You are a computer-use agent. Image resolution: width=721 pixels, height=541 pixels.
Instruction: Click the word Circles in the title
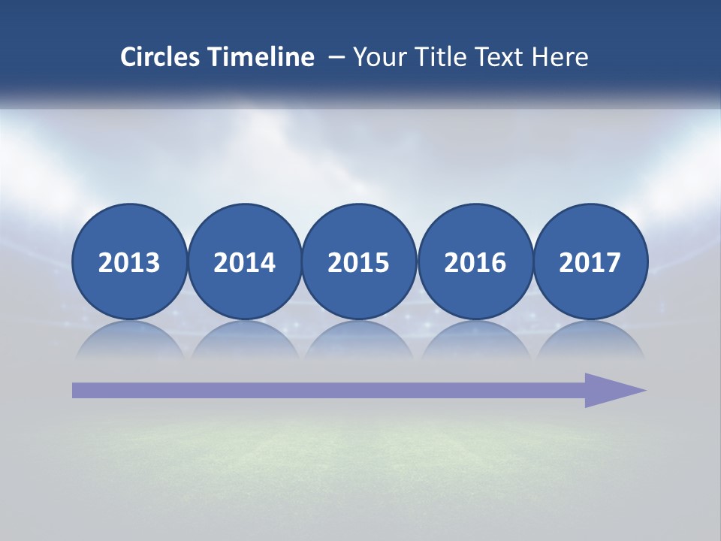click(161, 57)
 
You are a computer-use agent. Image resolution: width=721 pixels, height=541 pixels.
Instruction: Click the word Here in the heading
click(560, 57)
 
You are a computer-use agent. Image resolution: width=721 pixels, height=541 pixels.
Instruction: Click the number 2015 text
click(359, 263)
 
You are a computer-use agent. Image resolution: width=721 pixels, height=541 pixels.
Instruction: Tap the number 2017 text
click(590, 263)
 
